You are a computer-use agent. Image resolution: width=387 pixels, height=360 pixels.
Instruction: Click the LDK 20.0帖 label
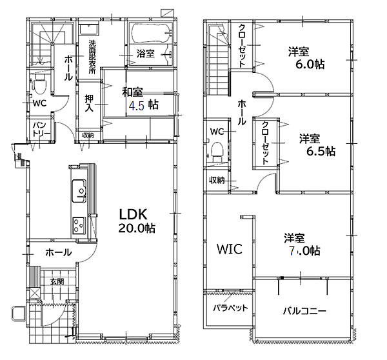point(137,221)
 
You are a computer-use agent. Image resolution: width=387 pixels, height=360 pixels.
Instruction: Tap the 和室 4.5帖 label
point(140,99)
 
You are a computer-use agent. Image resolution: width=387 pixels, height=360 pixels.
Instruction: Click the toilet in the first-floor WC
point(39,83)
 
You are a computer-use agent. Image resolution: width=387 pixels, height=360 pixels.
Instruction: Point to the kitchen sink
point(79,191)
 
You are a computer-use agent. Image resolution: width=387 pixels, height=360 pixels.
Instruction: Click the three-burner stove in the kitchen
point(79,225)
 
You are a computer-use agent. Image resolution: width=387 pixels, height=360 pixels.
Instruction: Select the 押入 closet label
point(89,103)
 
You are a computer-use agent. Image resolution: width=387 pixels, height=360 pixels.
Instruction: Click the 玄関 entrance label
point(57,281)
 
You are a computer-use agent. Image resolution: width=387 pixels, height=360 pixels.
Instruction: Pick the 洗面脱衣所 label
point(92,56)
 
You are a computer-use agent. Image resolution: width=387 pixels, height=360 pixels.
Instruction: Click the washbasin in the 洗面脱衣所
point(89,30)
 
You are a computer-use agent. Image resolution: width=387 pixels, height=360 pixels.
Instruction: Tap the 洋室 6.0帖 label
point(306,58)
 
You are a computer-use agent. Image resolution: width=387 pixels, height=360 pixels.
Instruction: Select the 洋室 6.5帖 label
point(317,145)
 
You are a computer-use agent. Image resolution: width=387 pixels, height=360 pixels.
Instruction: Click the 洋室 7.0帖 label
point(302,245)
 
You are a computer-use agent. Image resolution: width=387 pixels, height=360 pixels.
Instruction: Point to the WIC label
point(230,249)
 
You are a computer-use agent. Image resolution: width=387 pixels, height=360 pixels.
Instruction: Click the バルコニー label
point(304,311)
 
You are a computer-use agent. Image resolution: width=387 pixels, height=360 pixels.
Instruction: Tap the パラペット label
point(230,308)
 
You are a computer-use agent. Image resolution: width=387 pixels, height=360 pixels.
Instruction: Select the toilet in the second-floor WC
point(218,150)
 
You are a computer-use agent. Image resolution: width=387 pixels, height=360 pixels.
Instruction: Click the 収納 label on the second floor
point(217,180)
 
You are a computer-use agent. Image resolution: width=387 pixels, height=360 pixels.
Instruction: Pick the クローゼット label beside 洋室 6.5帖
point(265,143)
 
